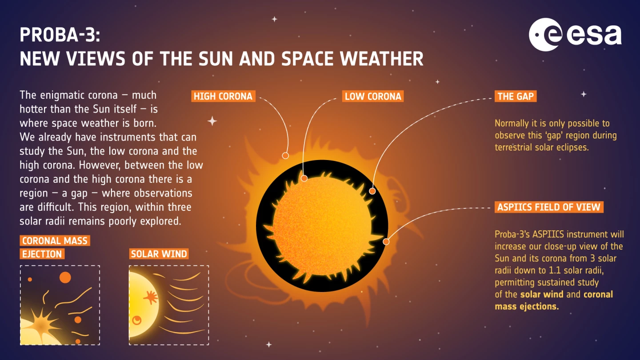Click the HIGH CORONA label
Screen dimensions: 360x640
(x=223, y=96)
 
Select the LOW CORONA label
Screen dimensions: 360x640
(x=373, y=96)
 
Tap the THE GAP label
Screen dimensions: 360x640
(x=516, y=96)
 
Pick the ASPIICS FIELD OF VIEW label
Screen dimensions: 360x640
(x=548, y=207)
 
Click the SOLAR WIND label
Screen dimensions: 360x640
(x=159, y=254)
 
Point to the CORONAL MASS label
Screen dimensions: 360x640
(x=55, y=241)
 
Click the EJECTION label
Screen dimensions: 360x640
(x=42, y=254)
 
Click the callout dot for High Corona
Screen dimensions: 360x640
(x=285, y=156)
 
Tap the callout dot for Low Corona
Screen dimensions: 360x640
(x=304, y=178)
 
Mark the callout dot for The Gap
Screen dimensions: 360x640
(x=372, y=191)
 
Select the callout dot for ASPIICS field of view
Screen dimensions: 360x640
(x=386, y=242)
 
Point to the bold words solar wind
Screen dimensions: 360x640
(x=541, y=294)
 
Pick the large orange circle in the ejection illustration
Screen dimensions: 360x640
(x=65, y=277)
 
